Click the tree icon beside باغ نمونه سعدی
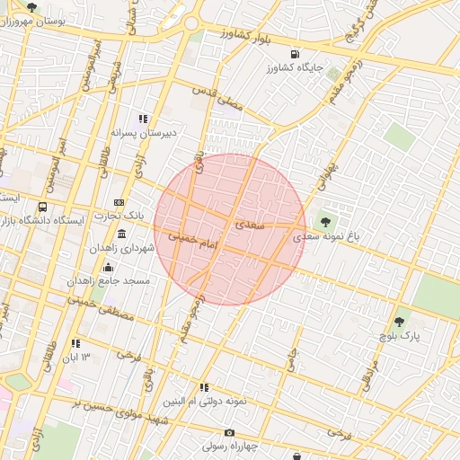click(324, 220)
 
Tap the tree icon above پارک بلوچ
click(399, 320)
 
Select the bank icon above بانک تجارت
click(119, 203)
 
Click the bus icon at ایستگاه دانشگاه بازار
click(44, 206)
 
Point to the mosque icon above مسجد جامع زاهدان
click(109, 268)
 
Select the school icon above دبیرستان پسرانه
click(141, 119)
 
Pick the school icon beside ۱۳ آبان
click(75, 343)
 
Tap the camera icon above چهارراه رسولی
click(229, 433)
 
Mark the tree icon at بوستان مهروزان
click(32, 7)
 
